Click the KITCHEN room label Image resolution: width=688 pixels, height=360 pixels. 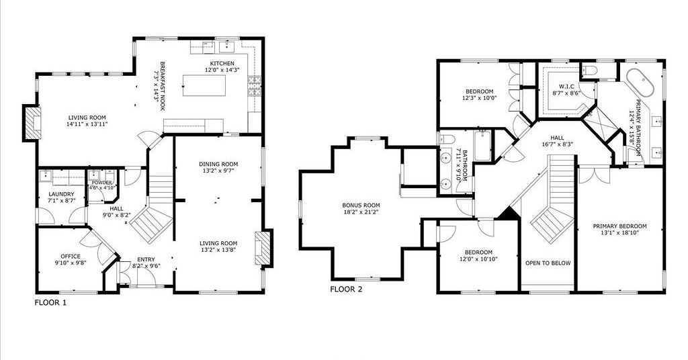222,64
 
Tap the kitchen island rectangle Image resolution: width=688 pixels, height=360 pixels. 204,85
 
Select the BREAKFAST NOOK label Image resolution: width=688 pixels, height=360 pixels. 162,86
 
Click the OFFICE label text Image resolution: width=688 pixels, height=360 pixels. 71,257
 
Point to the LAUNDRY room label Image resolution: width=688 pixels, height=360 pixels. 61,194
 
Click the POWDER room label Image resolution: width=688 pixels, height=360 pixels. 102,183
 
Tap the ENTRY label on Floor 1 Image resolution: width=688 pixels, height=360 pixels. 146,259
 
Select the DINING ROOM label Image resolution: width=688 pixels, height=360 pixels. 218,165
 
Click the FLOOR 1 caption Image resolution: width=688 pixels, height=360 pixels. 51,302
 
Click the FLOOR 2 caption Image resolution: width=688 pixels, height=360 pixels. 346,289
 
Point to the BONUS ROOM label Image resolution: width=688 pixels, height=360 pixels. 361,206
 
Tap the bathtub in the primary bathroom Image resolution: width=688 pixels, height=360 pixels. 640,82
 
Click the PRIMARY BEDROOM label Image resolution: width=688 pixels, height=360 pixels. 619,226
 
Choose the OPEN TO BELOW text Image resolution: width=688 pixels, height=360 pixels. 548,263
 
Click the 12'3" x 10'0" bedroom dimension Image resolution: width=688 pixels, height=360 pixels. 479,98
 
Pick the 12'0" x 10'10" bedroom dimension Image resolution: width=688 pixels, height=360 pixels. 478,259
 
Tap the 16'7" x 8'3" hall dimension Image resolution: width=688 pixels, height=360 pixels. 557,144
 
